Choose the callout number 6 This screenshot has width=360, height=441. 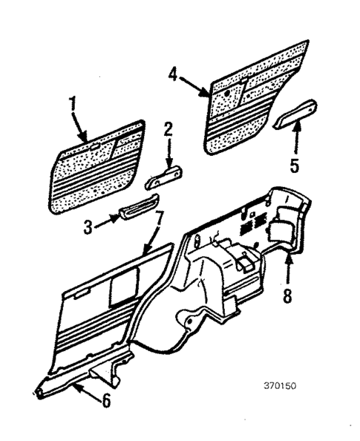(106, 401)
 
